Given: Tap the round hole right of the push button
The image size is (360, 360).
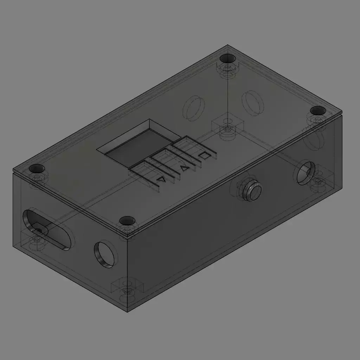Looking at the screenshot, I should [305, 172].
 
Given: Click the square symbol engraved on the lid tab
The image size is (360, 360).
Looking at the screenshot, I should [204, 155].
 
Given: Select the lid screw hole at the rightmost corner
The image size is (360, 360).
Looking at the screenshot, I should [318, 110].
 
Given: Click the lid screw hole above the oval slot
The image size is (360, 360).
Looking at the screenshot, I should [37, 168].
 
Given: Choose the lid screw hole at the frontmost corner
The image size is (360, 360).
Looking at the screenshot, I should [127, 221].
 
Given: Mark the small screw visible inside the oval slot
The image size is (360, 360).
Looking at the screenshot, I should [38, 230].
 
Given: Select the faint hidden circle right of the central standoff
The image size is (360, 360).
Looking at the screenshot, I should [253, 103].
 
